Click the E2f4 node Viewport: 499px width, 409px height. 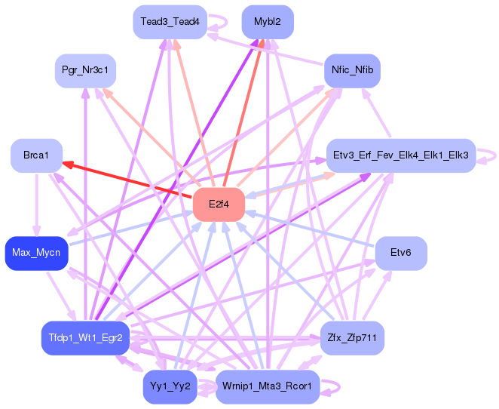click(219, 204)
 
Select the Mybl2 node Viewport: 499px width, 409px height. click(268, 22)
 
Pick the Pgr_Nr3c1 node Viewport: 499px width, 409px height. click(85, 70)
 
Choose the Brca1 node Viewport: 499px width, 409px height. click(35, 155)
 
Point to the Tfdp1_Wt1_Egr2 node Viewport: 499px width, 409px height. click(85, 337)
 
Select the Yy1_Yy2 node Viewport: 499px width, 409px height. click(170, 386)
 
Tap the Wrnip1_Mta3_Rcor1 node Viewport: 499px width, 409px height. click(268, 386)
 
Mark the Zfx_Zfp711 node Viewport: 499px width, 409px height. click(352, 337)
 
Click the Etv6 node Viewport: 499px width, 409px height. click(400, 253)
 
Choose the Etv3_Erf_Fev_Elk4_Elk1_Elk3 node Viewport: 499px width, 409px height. click(400, 155)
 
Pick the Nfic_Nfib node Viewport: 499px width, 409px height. click(352, 72)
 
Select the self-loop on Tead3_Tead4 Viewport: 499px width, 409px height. click(219, 22)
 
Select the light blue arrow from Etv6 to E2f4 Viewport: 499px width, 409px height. click(309, 229)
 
